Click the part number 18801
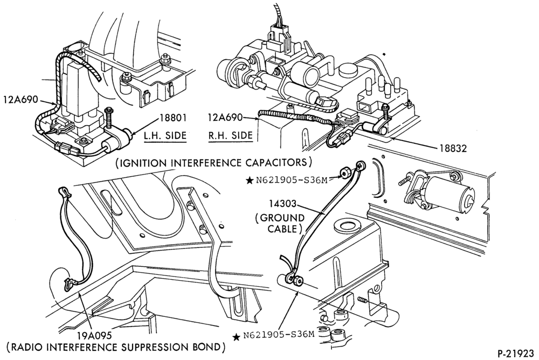pyautogui.click(x=172, y=118)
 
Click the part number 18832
pyautogui.click(x=453, y=148)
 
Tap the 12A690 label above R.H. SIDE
pyautogui.click(x=224, y=118)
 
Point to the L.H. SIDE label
pyautogui.click(x=165, y=135)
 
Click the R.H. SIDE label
pyautogui.click(x=230, y=135)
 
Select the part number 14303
pyautogui.click(x=282, y=204)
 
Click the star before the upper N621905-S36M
pyautogui.click(x=250, y=179)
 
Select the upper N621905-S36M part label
pyautogui.click(x=292, y=179)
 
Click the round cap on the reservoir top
pyautogui.click(x=348, y=226)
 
